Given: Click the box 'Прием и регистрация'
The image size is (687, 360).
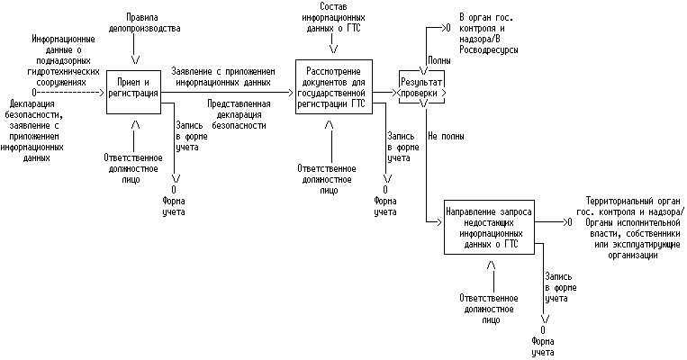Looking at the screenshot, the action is point(133,93).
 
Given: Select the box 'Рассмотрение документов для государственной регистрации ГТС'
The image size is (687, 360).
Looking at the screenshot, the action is point(334,86).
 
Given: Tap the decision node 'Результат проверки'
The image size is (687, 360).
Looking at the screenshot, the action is point(421,87).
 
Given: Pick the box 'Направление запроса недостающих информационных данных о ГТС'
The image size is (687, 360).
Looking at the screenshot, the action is point(489,227).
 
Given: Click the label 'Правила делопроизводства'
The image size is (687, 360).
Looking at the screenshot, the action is point(145,22).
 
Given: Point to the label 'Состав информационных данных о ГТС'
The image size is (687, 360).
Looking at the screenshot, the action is point(333,17).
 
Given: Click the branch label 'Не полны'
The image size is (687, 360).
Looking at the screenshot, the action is point(446,136).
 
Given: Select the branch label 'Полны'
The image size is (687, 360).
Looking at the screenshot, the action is point(439,60).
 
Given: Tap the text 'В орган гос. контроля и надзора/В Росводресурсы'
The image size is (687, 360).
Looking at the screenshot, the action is point(489,33).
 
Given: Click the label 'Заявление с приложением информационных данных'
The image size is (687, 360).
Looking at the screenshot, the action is point(223,76).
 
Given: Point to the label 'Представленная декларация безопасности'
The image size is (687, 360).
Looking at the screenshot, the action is point(239,114).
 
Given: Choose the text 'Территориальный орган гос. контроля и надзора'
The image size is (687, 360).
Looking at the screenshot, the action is point(629,206).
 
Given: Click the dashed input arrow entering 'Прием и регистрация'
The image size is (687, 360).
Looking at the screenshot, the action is point(68,93).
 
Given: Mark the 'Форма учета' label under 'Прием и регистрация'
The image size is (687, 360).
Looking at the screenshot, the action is point(174,206).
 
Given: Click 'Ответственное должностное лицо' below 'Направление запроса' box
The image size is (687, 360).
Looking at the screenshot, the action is point(489,310).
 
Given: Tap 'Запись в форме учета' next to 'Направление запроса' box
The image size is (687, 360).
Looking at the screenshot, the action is point(561,287).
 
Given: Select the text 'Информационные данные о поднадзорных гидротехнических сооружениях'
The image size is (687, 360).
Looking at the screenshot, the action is point(63,60).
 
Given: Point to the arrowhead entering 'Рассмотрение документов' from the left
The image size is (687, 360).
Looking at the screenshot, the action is point(290,93).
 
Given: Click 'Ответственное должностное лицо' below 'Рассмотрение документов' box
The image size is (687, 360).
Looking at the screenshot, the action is point(327,180).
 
